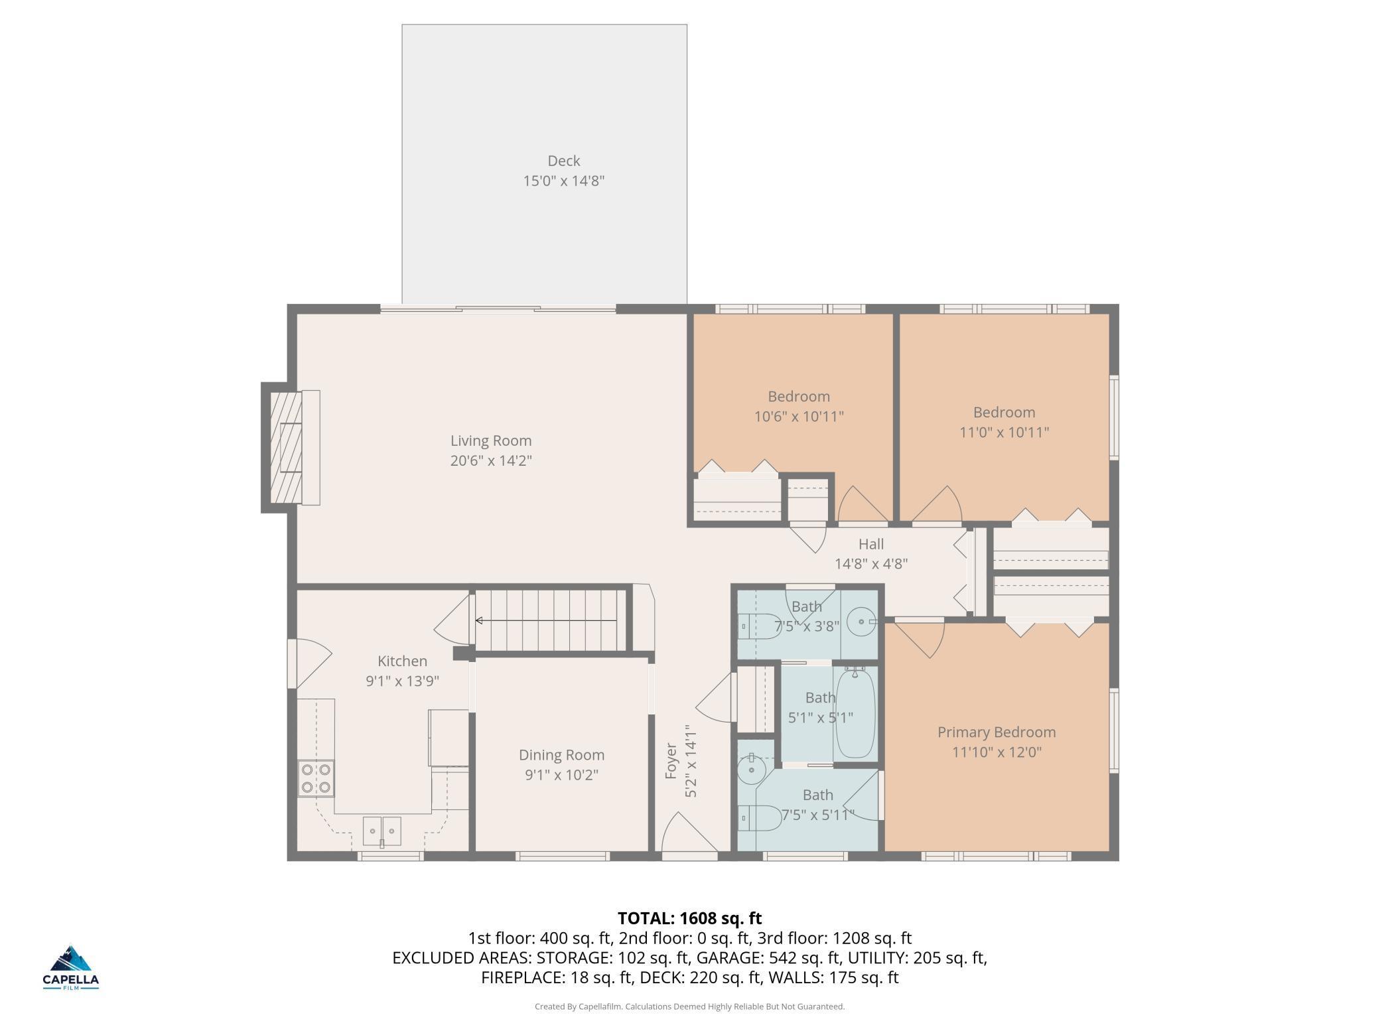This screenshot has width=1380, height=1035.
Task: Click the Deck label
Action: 564,161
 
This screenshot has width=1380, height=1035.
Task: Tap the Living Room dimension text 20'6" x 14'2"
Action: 491,460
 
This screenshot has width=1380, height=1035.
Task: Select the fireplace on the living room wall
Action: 291,448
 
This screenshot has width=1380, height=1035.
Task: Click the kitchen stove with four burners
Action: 316,778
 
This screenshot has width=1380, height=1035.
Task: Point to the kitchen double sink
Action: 382,831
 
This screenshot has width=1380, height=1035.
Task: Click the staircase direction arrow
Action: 546,621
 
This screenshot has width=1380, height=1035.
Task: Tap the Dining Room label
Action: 561,755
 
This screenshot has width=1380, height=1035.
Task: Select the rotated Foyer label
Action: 671,761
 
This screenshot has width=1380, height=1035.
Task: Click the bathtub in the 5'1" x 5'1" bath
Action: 855,713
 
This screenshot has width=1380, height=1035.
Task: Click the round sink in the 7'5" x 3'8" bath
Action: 862,622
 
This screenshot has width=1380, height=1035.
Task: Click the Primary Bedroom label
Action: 997,732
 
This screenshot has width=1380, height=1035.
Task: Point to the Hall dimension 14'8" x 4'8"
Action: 871,564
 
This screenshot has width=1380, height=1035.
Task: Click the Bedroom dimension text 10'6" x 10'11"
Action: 799,417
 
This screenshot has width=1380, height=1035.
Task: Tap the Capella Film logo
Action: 71,967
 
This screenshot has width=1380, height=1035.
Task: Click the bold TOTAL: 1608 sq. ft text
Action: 690,918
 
